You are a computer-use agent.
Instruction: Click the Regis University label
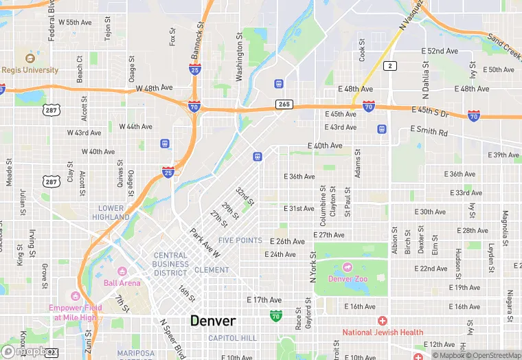click(x=30, y=70)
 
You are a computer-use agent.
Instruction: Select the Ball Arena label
click(x=122, y=282)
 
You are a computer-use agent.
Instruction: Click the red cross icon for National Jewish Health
click(x=383, y=321)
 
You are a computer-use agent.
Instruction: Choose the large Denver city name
click(x=213, y=321)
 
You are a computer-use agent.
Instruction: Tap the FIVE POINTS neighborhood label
click(x=240, y=240)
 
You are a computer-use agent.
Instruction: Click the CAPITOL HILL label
click(x=232, y=338)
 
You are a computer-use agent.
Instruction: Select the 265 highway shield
click(x=284, y=104)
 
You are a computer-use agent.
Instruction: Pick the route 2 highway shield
click(x=390, y=65)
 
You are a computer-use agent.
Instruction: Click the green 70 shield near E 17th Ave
click(x=275, y=315)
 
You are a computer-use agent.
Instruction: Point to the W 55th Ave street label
click(x=75, y=23)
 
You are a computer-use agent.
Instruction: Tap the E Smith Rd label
click(x=429, y=131)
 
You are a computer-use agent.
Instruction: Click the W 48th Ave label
click(x=152, y=89)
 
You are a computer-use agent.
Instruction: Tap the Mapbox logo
click(x=25, y=351)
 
